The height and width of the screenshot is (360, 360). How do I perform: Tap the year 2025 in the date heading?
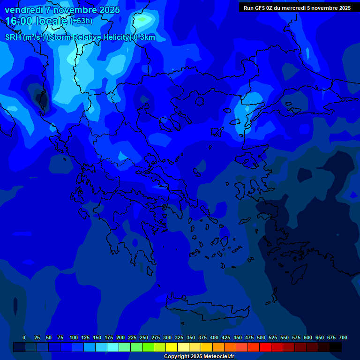[x=109, y=10]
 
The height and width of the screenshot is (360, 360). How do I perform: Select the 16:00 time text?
[x=19, y=21]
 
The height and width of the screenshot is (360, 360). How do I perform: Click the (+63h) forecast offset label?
[x=81, y=21]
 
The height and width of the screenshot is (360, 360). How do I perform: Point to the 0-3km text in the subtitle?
[x=144, y=37]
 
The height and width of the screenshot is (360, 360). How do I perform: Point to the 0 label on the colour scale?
[x=24, y=337]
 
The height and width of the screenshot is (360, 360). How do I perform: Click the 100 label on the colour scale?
[x=74, y=337]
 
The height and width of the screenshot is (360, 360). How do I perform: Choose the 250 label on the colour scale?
[x=144, y=337]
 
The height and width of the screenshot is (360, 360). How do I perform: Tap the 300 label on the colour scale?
[x=167, y=337]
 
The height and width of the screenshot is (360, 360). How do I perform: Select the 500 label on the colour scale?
[x=261, y=337]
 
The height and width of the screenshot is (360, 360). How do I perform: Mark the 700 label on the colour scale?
[x=343, y=337]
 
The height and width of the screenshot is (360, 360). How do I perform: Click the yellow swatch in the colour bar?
[x=172, y=347]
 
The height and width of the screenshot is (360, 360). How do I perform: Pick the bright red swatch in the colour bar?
[x=265, y=347]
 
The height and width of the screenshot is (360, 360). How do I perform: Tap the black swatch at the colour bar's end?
[x=336, y=347]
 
